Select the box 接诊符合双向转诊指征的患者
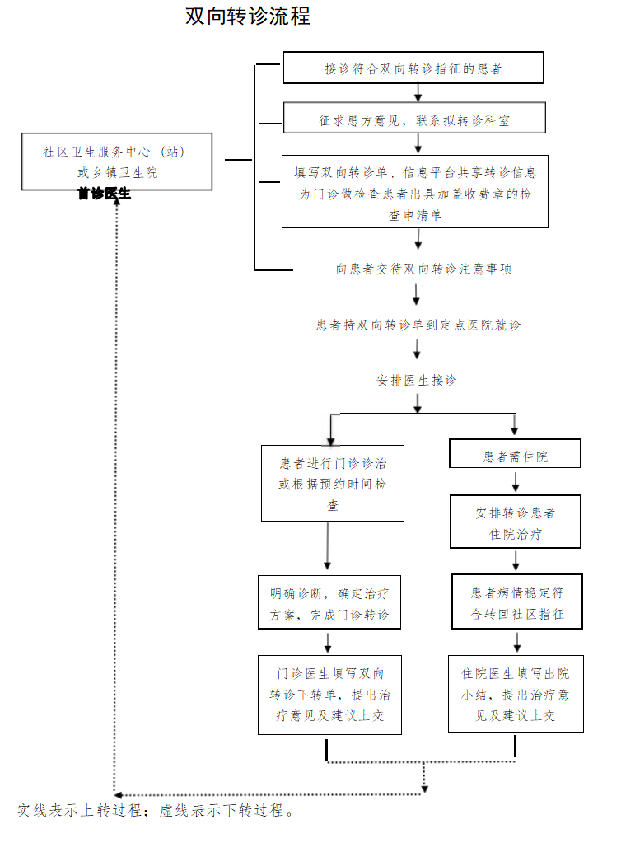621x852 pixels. [413, 68]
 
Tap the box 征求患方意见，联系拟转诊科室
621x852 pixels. [413, 120]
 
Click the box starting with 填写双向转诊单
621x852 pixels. [415, 193]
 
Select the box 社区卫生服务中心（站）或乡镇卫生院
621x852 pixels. [118, 162]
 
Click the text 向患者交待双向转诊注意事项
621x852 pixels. [424, 269]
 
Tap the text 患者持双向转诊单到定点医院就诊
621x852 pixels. [418, 325]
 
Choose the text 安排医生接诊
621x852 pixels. [417, 381]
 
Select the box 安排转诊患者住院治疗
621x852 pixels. [515, 522]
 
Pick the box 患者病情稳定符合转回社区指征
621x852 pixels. [517, 602]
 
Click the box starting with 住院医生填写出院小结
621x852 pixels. [516, 694]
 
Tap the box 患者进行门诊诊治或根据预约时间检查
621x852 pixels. [333, 483]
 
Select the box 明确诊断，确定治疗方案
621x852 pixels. [329, 602]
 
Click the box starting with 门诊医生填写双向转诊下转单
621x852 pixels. [329, 694]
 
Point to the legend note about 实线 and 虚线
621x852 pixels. [156, 811]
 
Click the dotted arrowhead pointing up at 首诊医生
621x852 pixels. [117, 205]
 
